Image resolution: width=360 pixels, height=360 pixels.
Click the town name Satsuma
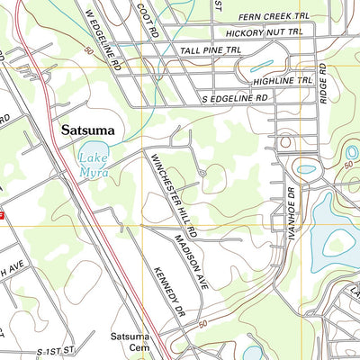[88, 130]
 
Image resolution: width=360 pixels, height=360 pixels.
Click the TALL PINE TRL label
[210, 52]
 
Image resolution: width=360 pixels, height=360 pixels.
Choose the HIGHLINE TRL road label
[282, 82]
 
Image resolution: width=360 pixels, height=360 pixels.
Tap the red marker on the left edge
[3, 216]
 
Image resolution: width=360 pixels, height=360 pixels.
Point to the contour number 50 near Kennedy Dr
[202, 324]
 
